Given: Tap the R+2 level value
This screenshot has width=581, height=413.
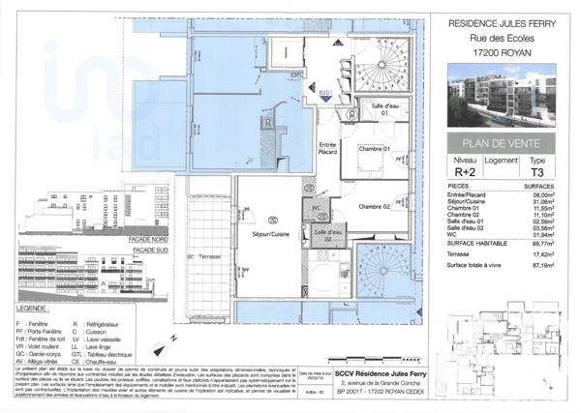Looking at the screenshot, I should coord(465,171).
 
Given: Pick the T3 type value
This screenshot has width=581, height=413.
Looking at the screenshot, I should coord(537,171).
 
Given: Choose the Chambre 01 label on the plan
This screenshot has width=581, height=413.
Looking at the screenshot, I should coord(373,150).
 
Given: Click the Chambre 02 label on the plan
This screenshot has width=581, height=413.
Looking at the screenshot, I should coord(373,207).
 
